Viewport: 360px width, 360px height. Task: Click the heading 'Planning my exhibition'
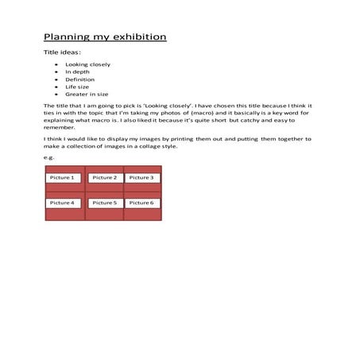(x=105, y=37)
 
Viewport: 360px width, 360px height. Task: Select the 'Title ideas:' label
(x=62, y=52)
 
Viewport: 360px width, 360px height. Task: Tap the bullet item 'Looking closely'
(x=87, y=64)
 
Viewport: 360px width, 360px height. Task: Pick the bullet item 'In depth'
(x=77, y=72)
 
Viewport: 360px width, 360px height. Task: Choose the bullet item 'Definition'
(x=79, y=79)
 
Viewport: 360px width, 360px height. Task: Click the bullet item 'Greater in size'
(x=87, y=94)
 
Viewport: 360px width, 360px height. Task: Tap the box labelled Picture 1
(x=64, y=177)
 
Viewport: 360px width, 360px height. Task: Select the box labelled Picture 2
(x=104, y=177)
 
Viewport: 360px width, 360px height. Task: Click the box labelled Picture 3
(x=141, y=177)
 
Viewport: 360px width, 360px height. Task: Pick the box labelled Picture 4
(x=64, y=203)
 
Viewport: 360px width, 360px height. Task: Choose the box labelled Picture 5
(x=104, y=203)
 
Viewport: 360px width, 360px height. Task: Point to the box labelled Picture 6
(x=141, y=203)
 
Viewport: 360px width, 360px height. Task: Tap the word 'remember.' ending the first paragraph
(x=59, y=126)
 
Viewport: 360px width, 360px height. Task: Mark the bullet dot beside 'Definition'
(x=56, y=79)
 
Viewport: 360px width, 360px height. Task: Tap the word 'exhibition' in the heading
(x=138, y=37)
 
